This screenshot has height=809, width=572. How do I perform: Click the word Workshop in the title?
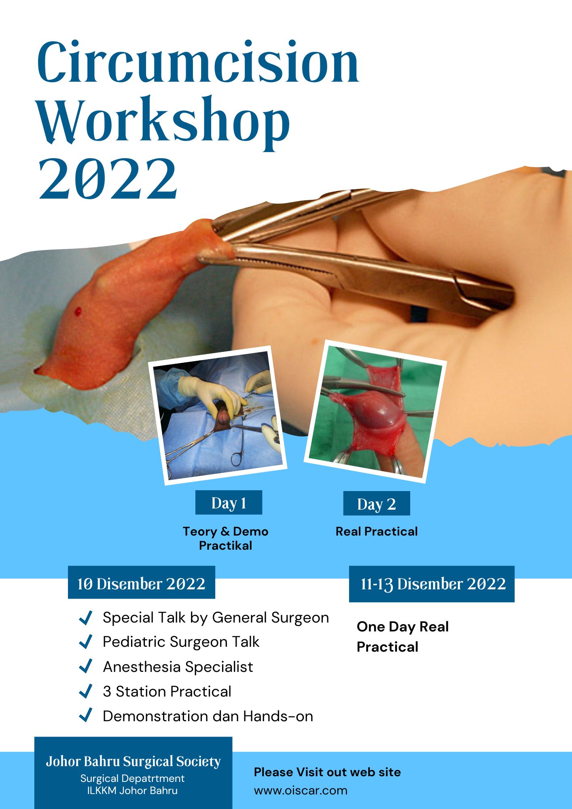(164, 121)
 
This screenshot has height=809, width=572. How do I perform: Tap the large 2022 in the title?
(108, 178)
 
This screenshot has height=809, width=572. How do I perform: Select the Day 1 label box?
(229, 502)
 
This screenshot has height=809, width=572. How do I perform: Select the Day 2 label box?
(376, 503)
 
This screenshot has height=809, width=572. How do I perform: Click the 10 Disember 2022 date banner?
(142, 582)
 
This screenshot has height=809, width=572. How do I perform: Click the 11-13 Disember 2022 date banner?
(432, 584)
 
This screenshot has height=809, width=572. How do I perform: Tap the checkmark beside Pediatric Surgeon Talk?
(86, 642)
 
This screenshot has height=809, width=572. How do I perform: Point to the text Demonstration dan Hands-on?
(208, 716)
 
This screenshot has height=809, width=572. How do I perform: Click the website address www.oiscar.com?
(301, 790)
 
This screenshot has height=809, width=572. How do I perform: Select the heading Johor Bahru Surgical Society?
(133, 761)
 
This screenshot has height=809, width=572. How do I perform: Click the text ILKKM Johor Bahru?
(132, 790)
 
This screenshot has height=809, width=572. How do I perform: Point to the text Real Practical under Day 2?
(377, 531)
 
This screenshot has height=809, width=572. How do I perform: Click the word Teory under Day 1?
(199, 531)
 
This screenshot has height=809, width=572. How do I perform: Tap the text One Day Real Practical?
(403, 636)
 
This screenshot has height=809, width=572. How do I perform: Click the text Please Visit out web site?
(327, 772)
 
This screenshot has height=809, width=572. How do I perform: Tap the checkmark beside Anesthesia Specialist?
(86, 667)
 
